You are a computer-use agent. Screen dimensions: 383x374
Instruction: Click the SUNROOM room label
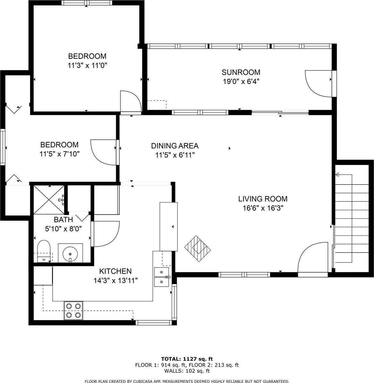pos(241,72)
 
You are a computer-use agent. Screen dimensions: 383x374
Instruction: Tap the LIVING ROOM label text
pos(263,199)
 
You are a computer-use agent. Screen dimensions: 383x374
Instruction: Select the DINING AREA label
pos(175,146)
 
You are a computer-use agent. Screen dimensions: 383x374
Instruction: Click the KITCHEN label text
pos(115,271)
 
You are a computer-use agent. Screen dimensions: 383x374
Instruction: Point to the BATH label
pos(63,220)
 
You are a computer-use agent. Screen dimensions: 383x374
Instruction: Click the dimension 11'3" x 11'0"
pos(87,66)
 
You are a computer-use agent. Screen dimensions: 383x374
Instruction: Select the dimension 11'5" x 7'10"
pos(59,154)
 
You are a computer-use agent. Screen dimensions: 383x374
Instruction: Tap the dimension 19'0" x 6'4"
pos(241,82)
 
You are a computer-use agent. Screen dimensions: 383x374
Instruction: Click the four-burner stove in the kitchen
pos(73,310)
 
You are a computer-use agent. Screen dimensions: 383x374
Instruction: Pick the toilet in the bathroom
pos(44,251)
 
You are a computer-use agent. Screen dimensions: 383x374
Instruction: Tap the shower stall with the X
pos(49,200)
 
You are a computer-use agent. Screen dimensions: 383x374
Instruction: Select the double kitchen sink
pos(162,277)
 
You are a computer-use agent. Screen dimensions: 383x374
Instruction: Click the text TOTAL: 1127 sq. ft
pos(187,359)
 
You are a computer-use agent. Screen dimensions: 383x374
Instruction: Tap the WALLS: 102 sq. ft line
pos(187,371)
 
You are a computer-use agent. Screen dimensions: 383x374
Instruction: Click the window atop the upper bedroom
pos(87,3)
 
